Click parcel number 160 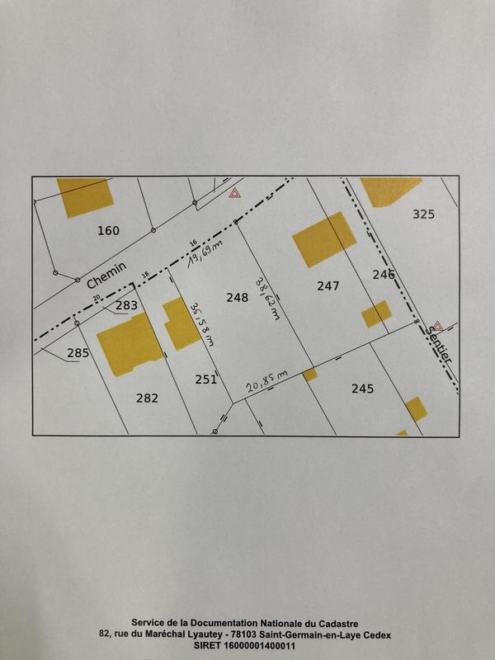point(108,230)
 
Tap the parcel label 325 point(423,214)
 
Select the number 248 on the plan point(237,297)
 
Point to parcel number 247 point(328,286)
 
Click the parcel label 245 point(362,388)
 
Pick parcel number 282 point(147,398)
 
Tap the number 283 point(127,306)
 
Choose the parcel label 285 point(78,354)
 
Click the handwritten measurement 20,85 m point(266,380)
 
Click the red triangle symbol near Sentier point(437,327)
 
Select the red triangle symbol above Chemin point(234,193)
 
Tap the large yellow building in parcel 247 point(324,239)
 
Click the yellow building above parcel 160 point(85,196)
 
